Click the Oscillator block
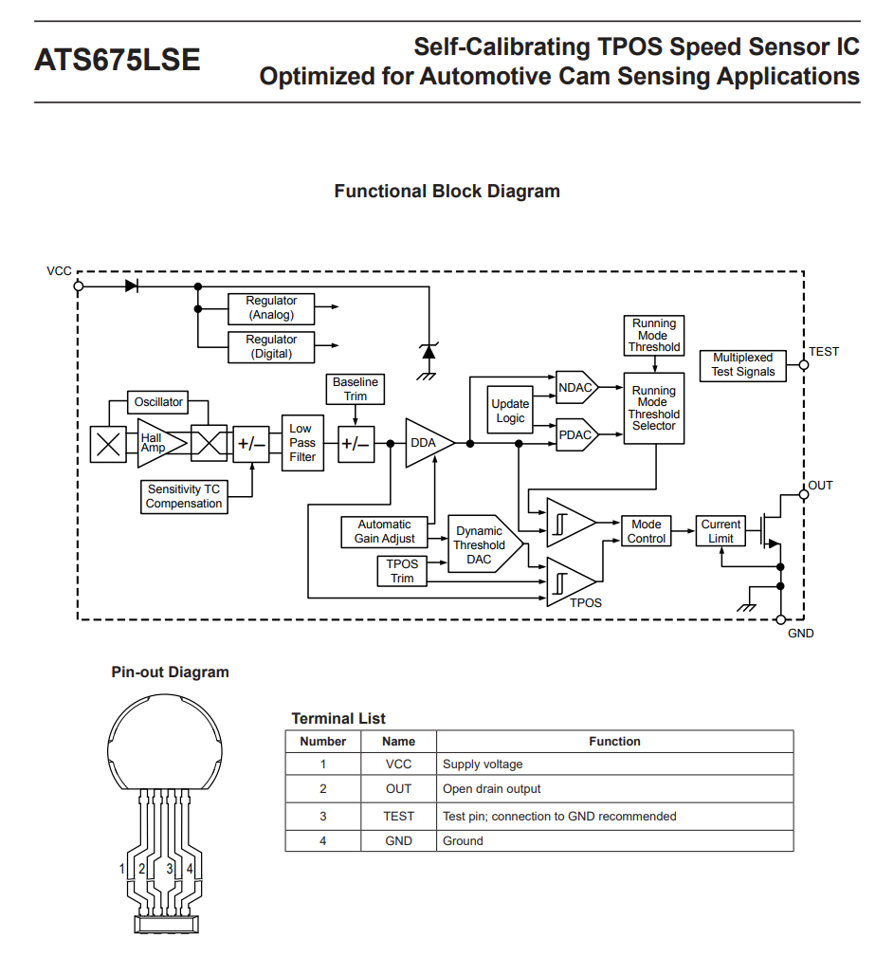158,402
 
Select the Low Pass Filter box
302,443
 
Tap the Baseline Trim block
356,389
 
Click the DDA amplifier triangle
428,443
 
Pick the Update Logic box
510,410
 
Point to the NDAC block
576,388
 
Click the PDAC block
576,434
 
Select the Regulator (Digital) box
271,347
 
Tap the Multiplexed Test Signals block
743,365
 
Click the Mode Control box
647,531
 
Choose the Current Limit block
721,531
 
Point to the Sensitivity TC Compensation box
184,497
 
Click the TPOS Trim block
402,571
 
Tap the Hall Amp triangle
160,443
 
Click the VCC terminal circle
79,286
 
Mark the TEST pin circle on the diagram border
804,365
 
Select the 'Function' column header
614,742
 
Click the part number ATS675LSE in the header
118,60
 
